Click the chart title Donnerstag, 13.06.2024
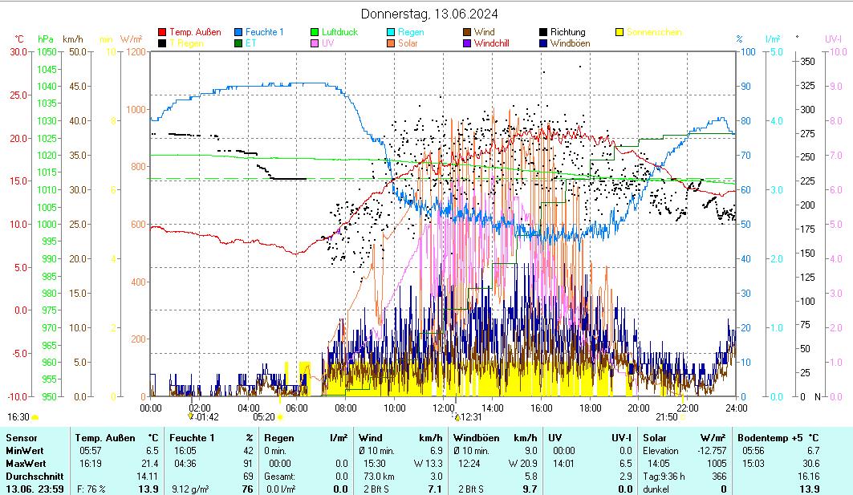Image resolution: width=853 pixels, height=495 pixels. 429,14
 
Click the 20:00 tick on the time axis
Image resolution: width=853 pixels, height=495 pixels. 639,408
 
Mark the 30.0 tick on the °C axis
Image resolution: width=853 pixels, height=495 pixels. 18,52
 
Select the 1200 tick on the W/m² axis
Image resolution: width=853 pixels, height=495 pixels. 136,52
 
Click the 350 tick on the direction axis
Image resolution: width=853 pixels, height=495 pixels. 808,61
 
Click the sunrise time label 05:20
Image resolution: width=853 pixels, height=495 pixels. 264,417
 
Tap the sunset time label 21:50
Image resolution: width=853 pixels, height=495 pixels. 667,417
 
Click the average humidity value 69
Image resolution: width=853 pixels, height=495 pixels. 248,476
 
